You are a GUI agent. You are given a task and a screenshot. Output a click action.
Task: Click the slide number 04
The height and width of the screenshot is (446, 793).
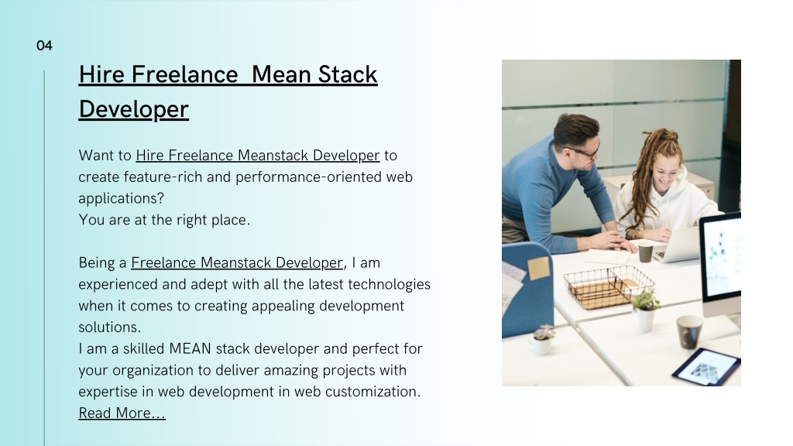44,46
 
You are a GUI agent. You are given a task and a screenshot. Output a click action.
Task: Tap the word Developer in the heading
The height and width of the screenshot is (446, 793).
133,109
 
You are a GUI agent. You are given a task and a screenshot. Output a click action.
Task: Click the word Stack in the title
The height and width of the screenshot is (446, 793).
348,74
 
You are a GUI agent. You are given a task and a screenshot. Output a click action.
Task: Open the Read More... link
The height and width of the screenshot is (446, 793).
122,413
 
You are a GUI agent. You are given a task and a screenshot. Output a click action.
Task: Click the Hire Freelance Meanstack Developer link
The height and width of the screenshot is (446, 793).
257,155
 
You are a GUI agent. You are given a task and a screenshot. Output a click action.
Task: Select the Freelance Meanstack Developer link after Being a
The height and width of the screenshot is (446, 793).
237,263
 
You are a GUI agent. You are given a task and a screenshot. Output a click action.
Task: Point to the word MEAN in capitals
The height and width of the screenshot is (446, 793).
191,349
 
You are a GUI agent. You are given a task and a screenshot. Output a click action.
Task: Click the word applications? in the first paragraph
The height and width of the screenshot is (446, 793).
122,199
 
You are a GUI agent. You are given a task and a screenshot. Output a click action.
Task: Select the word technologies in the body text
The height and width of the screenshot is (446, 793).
389,284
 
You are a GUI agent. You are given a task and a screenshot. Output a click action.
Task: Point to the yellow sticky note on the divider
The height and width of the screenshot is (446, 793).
538,268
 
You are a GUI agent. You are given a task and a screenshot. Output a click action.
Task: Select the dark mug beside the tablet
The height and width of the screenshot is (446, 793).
689,331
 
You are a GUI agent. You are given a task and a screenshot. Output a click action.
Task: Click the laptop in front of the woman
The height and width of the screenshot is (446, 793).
677,245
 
